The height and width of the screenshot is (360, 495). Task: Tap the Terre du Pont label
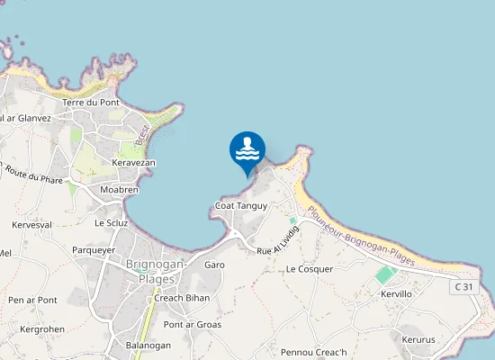point(91,103)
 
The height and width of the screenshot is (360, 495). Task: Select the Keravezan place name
point(133,163)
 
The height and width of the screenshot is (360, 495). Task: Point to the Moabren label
point(119,191)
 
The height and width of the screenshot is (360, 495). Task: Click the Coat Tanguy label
point(241,207)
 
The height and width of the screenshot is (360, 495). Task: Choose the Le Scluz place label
point(112,222)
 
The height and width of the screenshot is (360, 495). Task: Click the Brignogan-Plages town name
point(156,271)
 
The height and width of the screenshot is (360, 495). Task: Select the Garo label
point(214,265)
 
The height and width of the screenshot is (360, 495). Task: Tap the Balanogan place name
point(148,345)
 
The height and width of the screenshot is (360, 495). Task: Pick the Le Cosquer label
point(310,269)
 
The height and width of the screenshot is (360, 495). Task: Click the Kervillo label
point(396,294)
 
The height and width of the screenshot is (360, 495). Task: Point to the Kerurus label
point(418,340)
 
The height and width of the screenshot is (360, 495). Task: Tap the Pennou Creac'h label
point(313,351)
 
